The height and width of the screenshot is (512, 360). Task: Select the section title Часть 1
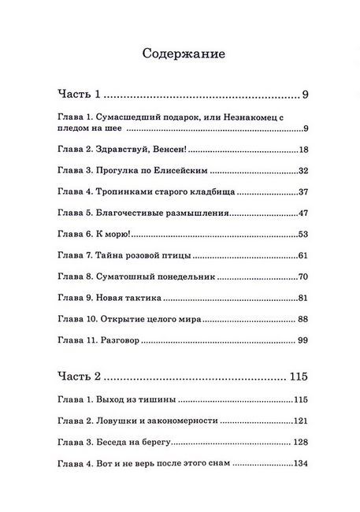point(80,95)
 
